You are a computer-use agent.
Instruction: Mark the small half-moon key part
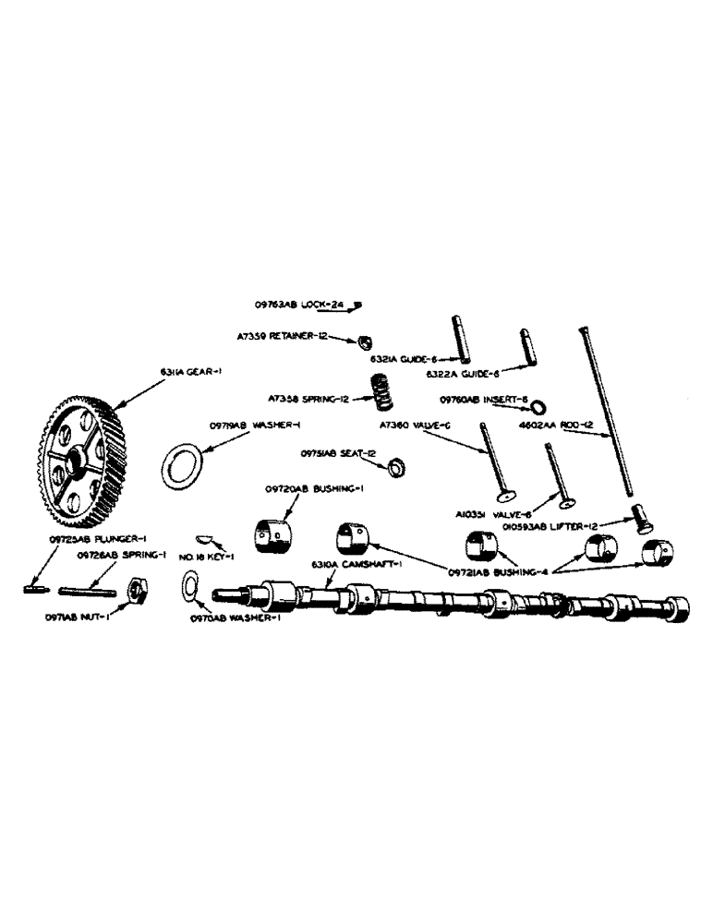(204, 537)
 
